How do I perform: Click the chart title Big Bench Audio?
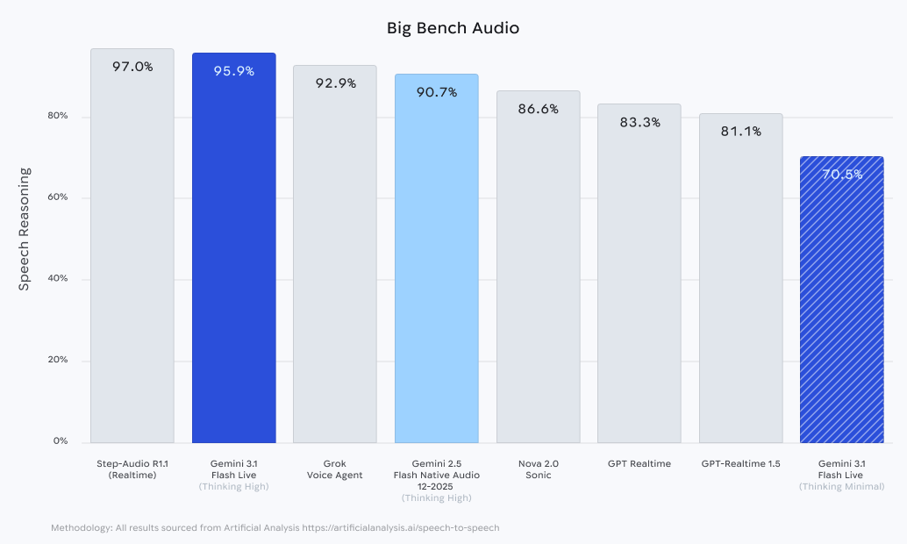[453, 28]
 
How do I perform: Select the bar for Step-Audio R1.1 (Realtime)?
[132, 254]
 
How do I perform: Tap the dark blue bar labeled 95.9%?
[234, 254]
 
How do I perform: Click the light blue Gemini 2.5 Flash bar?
[437, 263]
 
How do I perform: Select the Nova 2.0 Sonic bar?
[538, 272]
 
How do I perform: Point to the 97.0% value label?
[132, 67]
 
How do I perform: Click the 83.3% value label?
[639, 122]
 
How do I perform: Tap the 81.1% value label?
[740, 132]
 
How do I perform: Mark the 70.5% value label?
[841, 175]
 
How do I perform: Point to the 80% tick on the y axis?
[58, 117]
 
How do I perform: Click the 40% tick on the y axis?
[58, 279]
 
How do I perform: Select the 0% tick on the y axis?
[61, 441]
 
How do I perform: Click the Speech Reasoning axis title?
[25, 229]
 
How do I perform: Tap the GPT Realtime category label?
[639, 463]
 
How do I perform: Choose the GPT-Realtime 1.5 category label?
[740, 463]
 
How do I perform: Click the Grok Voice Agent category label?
[335, 469]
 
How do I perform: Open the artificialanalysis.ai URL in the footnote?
[402, 528]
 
